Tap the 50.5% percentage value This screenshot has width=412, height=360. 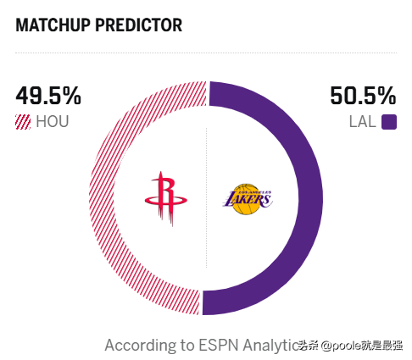(x=362, y=96)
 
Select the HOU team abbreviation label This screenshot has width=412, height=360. (x=52, y=122)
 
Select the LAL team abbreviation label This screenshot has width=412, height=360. (x=362, y=122)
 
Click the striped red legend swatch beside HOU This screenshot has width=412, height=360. (x=23, y=122)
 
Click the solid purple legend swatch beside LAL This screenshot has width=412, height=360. (x=389, y=122)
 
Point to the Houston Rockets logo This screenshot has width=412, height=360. (x=166, y=198)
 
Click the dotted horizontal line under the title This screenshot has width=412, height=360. (x=206, y=53)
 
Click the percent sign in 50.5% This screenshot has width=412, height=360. (x=386, y=96)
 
